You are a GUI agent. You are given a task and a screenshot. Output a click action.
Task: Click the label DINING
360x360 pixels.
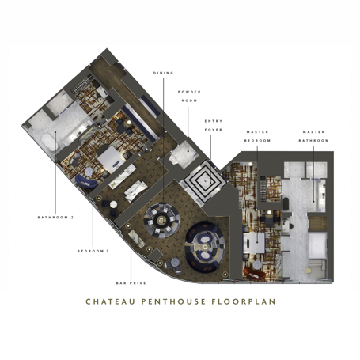coord(163,73)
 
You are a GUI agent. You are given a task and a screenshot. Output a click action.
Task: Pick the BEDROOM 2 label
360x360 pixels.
coord(93,252)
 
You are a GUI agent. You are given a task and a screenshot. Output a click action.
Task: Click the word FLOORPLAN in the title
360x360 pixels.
coord(245,301)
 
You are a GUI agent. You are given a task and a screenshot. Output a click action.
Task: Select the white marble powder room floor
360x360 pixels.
coord(180,153)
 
